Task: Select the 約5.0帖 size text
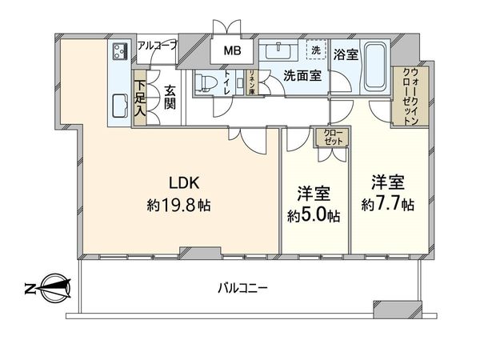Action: pyautogui.click(x=314, y=216)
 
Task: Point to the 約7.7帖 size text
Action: pyautogui.click(x=387, y=205)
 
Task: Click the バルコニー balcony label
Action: pyautogui.click(x=242, y=286)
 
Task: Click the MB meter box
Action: pyautogui.click(x=230, y=52)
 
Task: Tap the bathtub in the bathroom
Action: pyautogui.click(x=374, y=66)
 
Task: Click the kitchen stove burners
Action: pyautogui.click(x=120, y=53)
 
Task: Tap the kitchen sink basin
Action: pyautogui.click(x=120, y=104)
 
